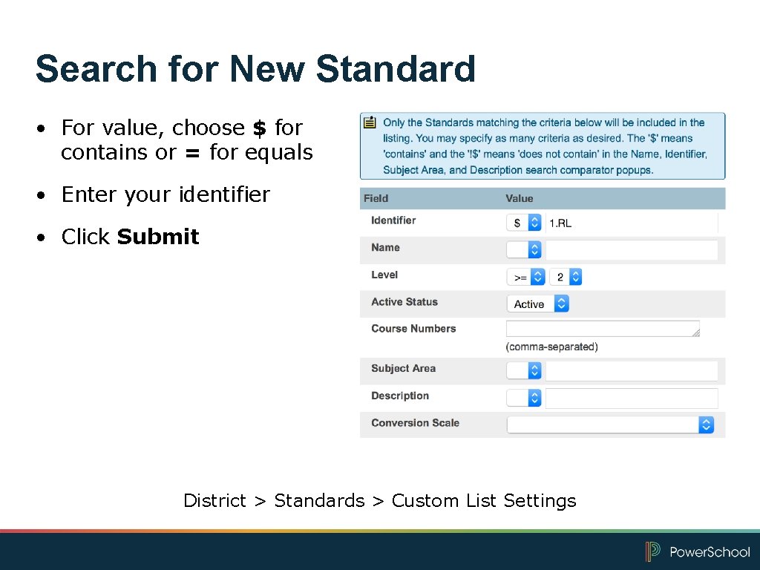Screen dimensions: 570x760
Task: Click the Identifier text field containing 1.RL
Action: [632, 223]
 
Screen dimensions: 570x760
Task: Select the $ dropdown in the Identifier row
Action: [524, 223]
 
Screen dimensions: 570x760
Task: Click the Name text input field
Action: [632, 250]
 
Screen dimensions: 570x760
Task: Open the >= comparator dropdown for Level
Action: [526, 277]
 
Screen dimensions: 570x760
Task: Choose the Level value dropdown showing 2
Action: [566, 277]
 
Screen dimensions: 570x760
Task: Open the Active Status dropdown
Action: [537, 304]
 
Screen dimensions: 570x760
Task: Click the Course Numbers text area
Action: [603, 329]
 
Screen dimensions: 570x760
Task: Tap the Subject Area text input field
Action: [632, 371]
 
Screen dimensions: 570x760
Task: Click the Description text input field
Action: [632, 399]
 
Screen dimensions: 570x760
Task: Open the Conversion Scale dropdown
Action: [610, 425]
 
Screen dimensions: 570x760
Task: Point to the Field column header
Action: [376, 198]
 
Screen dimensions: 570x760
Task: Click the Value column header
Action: [520, 198]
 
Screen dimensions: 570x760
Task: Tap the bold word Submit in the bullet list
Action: [158, 237]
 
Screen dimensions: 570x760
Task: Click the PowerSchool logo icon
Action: [652, 551]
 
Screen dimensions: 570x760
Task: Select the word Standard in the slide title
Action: [395, 69]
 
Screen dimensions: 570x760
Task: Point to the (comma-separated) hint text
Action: [551, 347]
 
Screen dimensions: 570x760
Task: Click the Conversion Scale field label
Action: [415, 423]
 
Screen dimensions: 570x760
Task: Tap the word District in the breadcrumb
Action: [214, 501]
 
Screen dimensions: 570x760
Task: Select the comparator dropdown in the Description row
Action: [524, 399]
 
